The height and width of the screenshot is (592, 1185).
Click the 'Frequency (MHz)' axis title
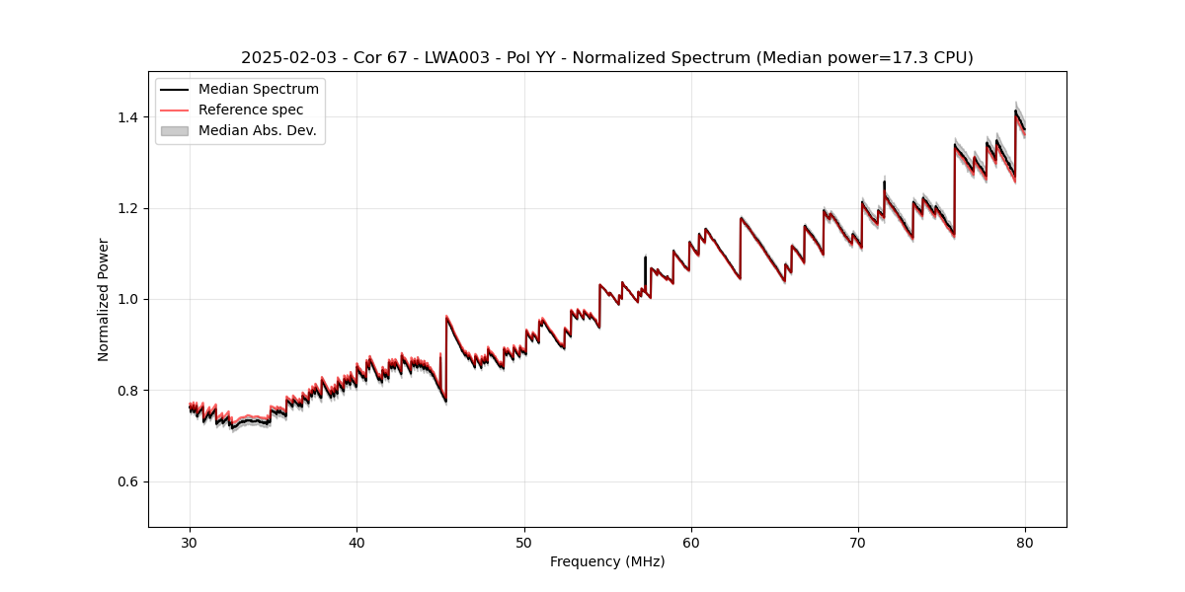point(607,561)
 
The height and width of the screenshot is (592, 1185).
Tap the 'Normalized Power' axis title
point(104,299)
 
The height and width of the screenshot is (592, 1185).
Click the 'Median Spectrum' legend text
point(259,90)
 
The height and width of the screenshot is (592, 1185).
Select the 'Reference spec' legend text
point(251,110)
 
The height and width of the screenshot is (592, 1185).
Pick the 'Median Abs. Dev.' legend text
point(257,130)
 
